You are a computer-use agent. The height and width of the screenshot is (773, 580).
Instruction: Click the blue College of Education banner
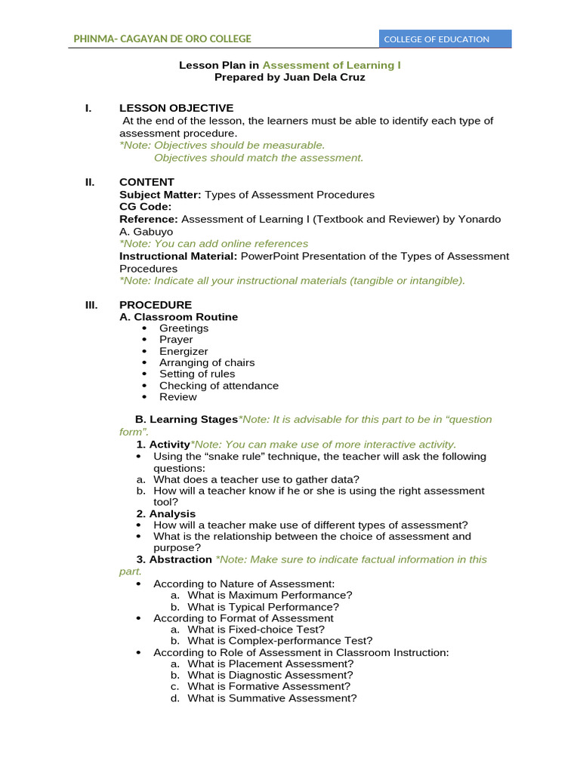pos(445,39)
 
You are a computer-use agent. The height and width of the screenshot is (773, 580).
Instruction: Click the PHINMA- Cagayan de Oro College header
pos(162,38)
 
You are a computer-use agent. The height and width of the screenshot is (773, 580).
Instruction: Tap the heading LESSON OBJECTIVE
pos(176,108)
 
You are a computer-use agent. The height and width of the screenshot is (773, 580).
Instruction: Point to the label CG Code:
pos(146,206)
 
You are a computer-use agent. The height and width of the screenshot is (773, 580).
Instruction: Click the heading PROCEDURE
pos(156,305)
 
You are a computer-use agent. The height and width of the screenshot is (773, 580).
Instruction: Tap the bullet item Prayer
pos(176,340)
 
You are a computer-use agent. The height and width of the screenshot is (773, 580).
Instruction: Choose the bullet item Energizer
pos(184,351)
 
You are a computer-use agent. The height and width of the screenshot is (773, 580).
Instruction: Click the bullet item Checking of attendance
pos(218,386)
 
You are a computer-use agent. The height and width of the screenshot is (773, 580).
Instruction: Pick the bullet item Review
pos(177,397)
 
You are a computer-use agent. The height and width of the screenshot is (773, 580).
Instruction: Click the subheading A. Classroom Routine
pos(178,317)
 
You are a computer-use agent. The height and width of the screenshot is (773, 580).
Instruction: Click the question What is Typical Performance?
pos(263,607)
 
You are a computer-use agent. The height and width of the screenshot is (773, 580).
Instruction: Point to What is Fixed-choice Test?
pos(256,630)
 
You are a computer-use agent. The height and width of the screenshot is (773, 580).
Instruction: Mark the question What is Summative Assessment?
pos(272,698)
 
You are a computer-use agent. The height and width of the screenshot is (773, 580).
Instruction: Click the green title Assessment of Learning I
pos(332,66)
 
